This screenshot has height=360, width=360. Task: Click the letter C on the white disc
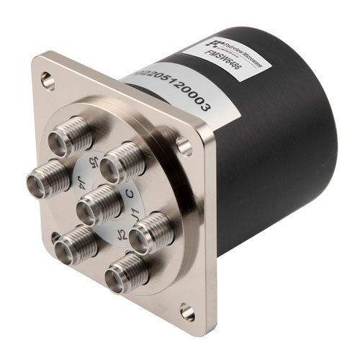pyautogui.click(x=130, y=193)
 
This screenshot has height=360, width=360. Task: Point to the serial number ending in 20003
pyautogui.click(x=167, y=91)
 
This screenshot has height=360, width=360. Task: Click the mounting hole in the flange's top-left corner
pyautogui.click(x=47, y=80)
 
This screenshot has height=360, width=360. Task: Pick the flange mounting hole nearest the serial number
pyautogui.click(x=185, y=148)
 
